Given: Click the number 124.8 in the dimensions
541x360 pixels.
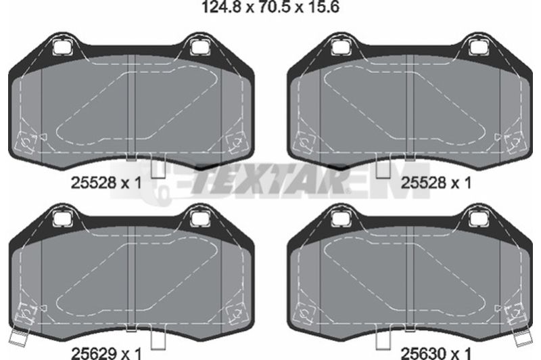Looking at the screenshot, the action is point(221,7).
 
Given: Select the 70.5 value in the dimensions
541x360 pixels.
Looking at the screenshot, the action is point(273,7).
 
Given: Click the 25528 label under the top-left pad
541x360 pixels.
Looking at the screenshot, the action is point(93,182).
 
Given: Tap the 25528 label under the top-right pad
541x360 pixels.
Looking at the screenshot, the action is point(423,182).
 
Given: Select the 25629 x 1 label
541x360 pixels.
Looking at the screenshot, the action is point(106,353).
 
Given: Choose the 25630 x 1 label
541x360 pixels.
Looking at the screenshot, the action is point(436,353).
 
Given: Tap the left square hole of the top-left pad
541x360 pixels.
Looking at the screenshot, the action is point(62,47).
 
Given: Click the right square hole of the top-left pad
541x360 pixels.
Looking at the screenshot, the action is point(199,47).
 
